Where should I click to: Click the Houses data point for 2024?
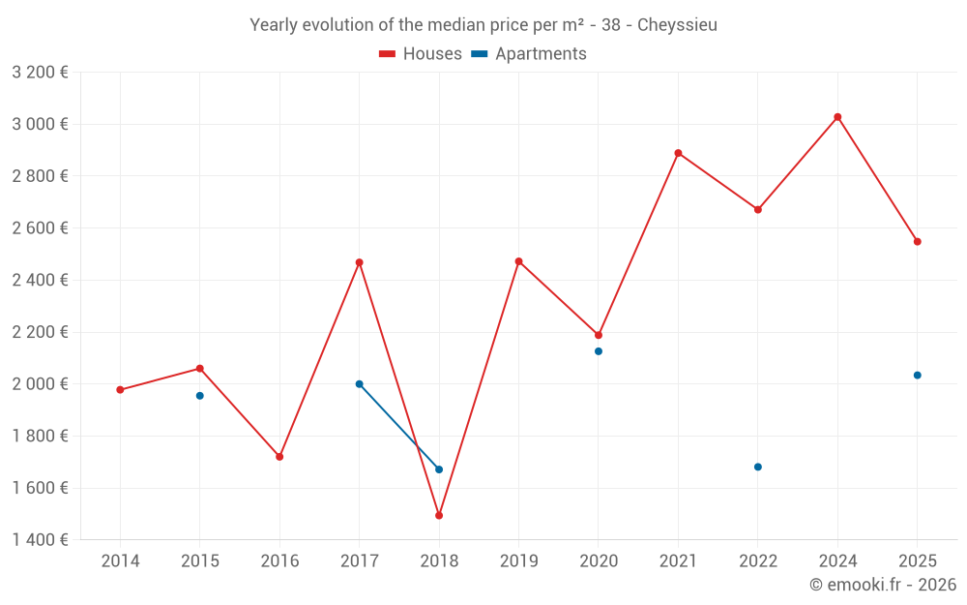tap(837, 117)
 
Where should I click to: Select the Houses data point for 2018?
tap(439, 516)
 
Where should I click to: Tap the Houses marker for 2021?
tap(678, 153)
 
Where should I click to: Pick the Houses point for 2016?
tap(279, 457)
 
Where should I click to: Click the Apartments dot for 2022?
tap(758, 468)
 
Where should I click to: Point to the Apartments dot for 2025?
tap(918, 376)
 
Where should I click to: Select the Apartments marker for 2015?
tap(200, 396)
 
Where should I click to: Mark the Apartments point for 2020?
tap(599, 351)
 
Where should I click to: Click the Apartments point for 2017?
tap(360, 384)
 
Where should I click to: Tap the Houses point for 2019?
tap(518, 261)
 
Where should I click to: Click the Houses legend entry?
tap(421, 54)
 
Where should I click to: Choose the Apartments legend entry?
tap(529, 54)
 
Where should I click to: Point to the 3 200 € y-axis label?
tap(40, 72)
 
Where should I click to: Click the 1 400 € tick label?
tap(40, 540)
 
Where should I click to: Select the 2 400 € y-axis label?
tap(40, 280)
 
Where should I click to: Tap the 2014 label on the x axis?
tap(120, 561)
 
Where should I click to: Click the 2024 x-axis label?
tap(837, 561)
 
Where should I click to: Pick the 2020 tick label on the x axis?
tap(599, 561)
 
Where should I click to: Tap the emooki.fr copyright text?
tap(883, 585)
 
